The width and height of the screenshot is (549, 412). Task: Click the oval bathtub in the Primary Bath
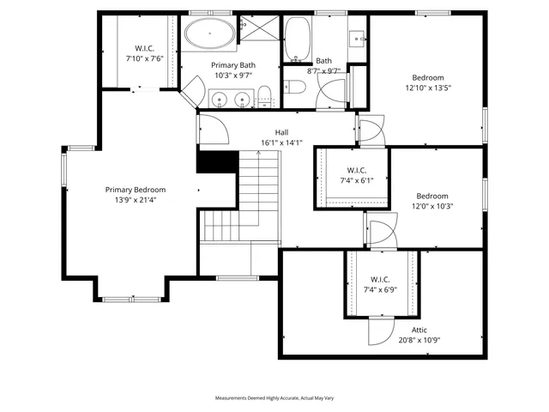[x=208, y=36]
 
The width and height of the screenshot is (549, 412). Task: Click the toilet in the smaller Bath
[x=294, y=86]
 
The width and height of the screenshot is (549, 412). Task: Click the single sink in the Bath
[x=356, y=39]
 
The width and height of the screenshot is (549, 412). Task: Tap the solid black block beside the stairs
[x=216, y=161]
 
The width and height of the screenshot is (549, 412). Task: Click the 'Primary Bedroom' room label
[x=136, y=190]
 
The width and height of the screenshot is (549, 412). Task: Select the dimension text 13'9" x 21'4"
[x=136, y=200]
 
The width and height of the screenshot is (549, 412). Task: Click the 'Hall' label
[x=281, y=132]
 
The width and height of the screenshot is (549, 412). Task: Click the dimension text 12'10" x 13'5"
[x=428, y=87]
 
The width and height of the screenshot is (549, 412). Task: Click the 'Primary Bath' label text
[x=234, y=64]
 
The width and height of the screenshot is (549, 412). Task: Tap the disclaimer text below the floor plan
[x=274, y=398]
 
